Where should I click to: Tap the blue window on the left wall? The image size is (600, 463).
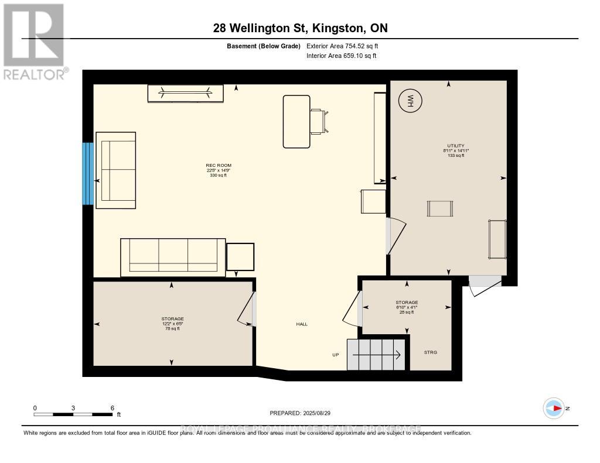tap(87, 173)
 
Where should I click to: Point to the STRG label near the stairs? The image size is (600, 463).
tap(430, 352)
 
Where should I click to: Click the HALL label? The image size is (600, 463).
tap(301, 324)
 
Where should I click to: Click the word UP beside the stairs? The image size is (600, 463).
tap(336, 355)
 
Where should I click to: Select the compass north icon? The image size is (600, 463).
tap(554, 408)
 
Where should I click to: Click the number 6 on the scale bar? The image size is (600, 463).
tap(111, 407)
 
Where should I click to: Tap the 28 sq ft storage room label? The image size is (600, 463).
tap(406, 307)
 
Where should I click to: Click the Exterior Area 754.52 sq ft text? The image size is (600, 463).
tap(346, 46)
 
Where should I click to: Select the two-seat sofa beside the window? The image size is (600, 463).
tap(116, 170)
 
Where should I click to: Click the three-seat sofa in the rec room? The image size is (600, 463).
tap(173, 257)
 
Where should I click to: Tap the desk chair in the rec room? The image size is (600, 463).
tap(319, 121)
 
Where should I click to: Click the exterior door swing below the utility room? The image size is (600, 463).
tap(484, 283)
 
